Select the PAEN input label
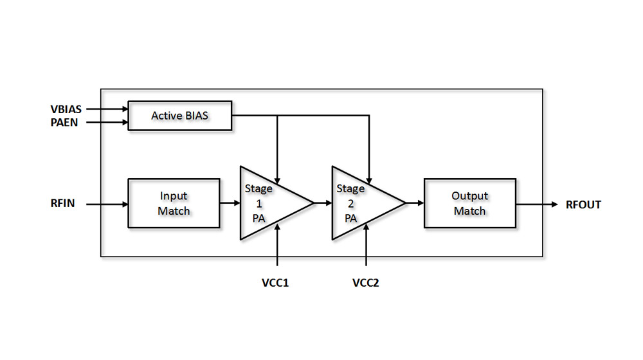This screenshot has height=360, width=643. coord(65,122)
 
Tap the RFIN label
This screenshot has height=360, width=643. coord(63,204)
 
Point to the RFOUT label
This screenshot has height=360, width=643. coord(583,204)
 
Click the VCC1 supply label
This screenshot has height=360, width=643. coord(276,283)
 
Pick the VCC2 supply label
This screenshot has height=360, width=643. coord(366,283)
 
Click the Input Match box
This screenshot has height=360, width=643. coord(174,203)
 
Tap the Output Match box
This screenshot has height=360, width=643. coord(469,203)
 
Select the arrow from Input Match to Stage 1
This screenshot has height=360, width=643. coord(230,203)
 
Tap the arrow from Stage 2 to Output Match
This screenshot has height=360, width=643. coord(415,203)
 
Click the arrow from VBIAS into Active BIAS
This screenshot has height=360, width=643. coord(107,110)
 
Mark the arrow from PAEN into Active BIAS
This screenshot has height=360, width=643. coord(107,122)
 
